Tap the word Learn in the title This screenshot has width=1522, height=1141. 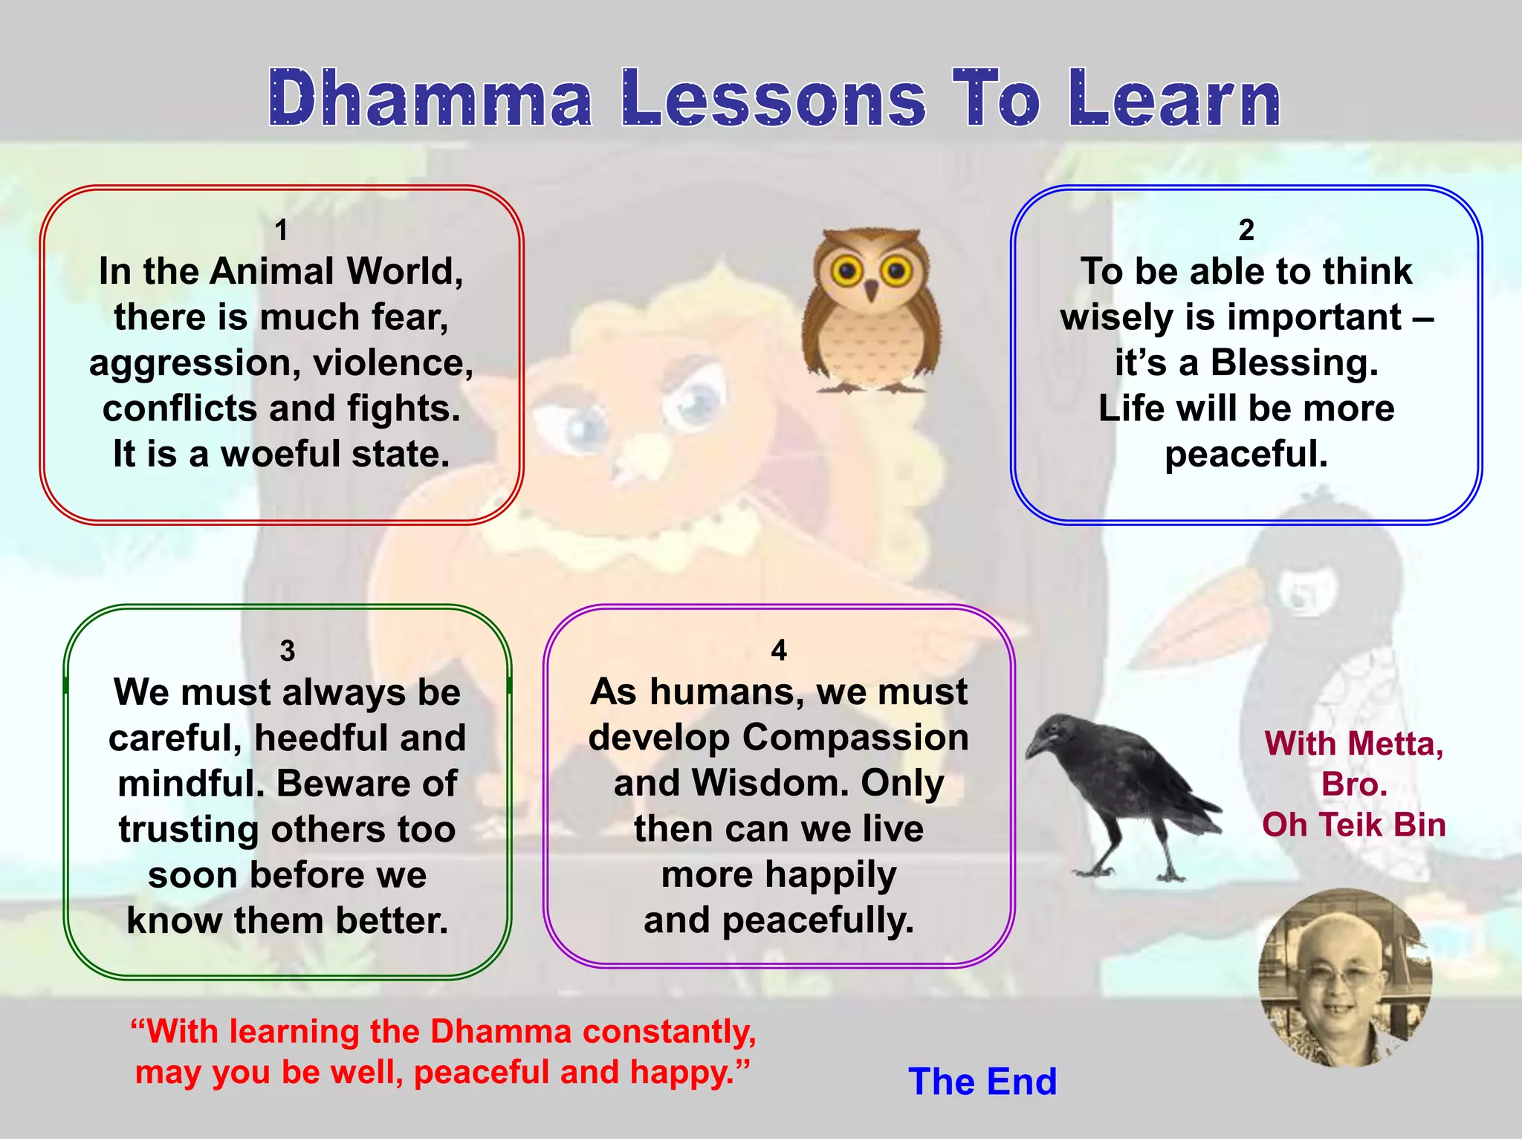[x=1174, y=99]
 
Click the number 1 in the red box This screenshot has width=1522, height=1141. [x=281, y=230]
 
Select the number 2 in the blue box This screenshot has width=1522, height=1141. [x=1246, y=230]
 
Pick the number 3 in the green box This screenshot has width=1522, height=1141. [x=288, y=651]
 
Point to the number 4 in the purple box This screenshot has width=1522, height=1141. [x=778, y=650]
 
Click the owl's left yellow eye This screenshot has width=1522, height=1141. [x=845, y=271]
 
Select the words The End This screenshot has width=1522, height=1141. [x=982, y=1082]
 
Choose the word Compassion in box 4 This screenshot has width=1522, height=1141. [x=855, y=738]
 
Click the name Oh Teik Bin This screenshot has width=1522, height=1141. [x=1353, y=825]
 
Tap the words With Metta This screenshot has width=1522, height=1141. [x=1353, y=744]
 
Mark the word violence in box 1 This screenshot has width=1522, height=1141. [x=392, y=363]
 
